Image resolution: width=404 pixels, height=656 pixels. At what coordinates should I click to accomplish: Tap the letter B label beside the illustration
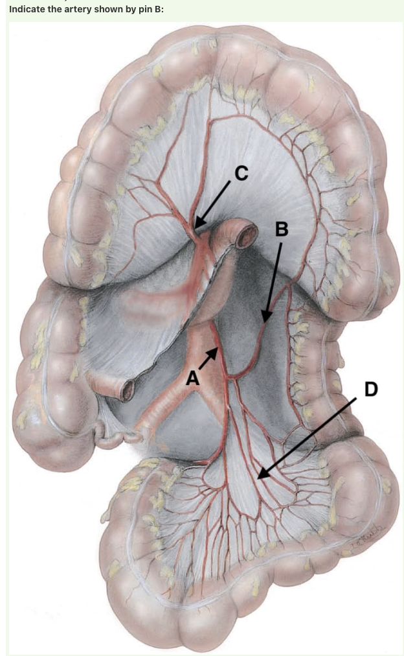(x=281, y=229)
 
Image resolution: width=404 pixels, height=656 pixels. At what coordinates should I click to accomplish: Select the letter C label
(x=241, y=172)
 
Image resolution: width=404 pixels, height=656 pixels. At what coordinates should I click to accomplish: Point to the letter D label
(x=370, y=389)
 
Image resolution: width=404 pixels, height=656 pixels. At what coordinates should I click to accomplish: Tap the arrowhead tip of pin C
(x=196, y=228)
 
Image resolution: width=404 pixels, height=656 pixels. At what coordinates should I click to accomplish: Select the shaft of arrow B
(x=274, y=279)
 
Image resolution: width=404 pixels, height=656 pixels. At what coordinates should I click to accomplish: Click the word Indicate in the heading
(x=27, y=8)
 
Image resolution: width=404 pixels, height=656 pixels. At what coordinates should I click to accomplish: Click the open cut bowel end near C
(x=246, y=237)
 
